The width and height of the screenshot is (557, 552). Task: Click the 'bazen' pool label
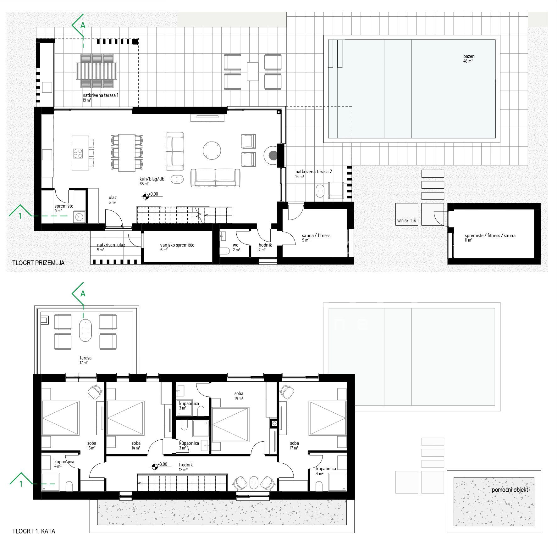click(x=469, y=56)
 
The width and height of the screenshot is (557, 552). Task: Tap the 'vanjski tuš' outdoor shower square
click(x=407, y=214)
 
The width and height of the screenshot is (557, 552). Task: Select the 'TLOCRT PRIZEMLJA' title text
click(x=38, y=263)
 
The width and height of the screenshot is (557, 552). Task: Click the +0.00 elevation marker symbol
click(x=146, y=197)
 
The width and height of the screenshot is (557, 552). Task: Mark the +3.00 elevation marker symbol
click(x=154, y=467)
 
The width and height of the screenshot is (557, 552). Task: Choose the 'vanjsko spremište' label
click(x=177, y=245)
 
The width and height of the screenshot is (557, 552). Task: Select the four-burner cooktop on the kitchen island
click(x=78, y=153)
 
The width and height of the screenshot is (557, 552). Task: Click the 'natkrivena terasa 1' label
click(x=101, y=95)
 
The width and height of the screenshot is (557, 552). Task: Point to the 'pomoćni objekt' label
click(x=510, y=490)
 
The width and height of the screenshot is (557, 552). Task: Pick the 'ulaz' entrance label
click(x=113, y=198)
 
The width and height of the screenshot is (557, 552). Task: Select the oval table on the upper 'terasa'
click(x=85, y=330)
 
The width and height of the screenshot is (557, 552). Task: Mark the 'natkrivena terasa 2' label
click(x=314, y=172)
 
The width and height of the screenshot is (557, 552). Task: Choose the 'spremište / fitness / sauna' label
click(x=490, y=236)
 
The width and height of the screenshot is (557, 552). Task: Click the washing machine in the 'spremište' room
click(x=79, y=217)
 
